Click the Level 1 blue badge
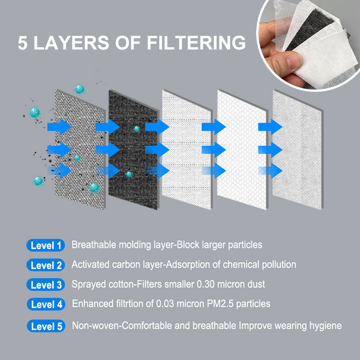pos(45,245)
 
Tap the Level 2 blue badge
pos(45,265)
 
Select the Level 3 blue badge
pos(45,285)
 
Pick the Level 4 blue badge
pos(45,305)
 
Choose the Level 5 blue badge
pos(45,325)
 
